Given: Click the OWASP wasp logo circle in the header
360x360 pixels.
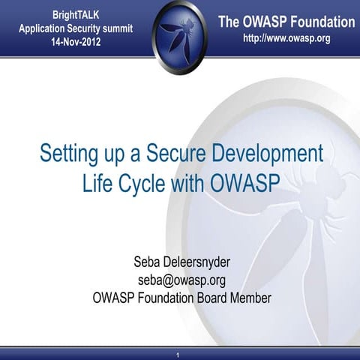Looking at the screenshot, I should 180,28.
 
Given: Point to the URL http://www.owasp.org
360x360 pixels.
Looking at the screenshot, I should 286,38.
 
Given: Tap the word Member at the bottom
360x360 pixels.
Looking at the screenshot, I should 250,297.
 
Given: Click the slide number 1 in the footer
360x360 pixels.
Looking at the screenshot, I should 178,353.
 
